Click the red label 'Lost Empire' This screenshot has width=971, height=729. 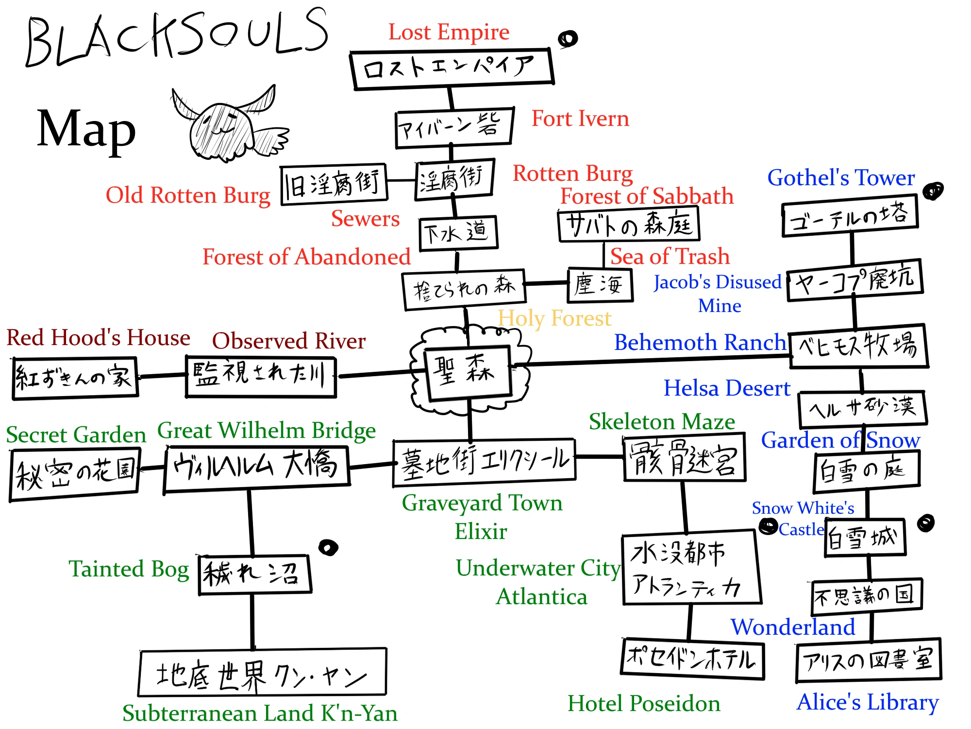coord(449,33)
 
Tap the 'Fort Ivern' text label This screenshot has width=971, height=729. coord(580,119)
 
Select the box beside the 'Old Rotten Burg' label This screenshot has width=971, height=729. coord(334,185)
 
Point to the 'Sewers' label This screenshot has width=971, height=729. coord(365,219)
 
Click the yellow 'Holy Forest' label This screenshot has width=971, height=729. coord(554,319)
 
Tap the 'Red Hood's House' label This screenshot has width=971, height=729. coord(98,338)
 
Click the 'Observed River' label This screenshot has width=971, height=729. coord(288,341)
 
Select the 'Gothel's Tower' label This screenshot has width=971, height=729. coord(841,178)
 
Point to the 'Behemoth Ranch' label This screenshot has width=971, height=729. coord(700,343)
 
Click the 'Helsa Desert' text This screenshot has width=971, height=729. coord(727,389)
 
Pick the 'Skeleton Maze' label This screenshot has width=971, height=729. coord(662,422)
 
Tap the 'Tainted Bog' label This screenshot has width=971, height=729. coord(129,569)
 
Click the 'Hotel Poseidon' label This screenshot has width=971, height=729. coord(644,704)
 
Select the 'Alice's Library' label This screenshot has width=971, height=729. coord(868,702)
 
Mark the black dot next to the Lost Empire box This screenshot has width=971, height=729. coord(568,39)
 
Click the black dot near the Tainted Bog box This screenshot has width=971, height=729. coord(328,548)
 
